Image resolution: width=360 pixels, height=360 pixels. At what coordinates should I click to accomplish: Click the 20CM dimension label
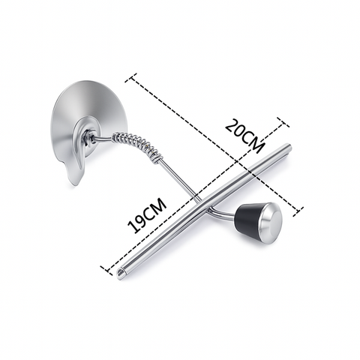coord(244,136)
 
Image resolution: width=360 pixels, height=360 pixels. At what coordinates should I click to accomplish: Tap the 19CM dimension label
coord(147,215)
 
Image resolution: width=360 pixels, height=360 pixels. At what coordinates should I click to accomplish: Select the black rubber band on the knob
coord(247,218)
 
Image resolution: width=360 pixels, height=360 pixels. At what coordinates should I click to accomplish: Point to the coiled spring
coord(137,147)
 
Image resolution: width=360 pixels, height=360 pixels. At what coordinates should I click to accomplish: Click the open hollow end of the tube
coord(121,272)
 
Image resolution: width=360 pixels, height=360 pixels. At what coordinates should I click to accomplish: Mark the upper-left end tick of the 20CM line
coord(130,78)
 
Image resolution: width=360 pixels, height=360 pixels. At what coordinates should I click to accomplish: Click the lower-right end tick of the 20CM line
coord(298,211)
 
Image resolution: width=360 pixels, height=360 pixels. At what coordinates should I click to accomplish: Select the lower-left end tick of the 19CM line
coord(106,270)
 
